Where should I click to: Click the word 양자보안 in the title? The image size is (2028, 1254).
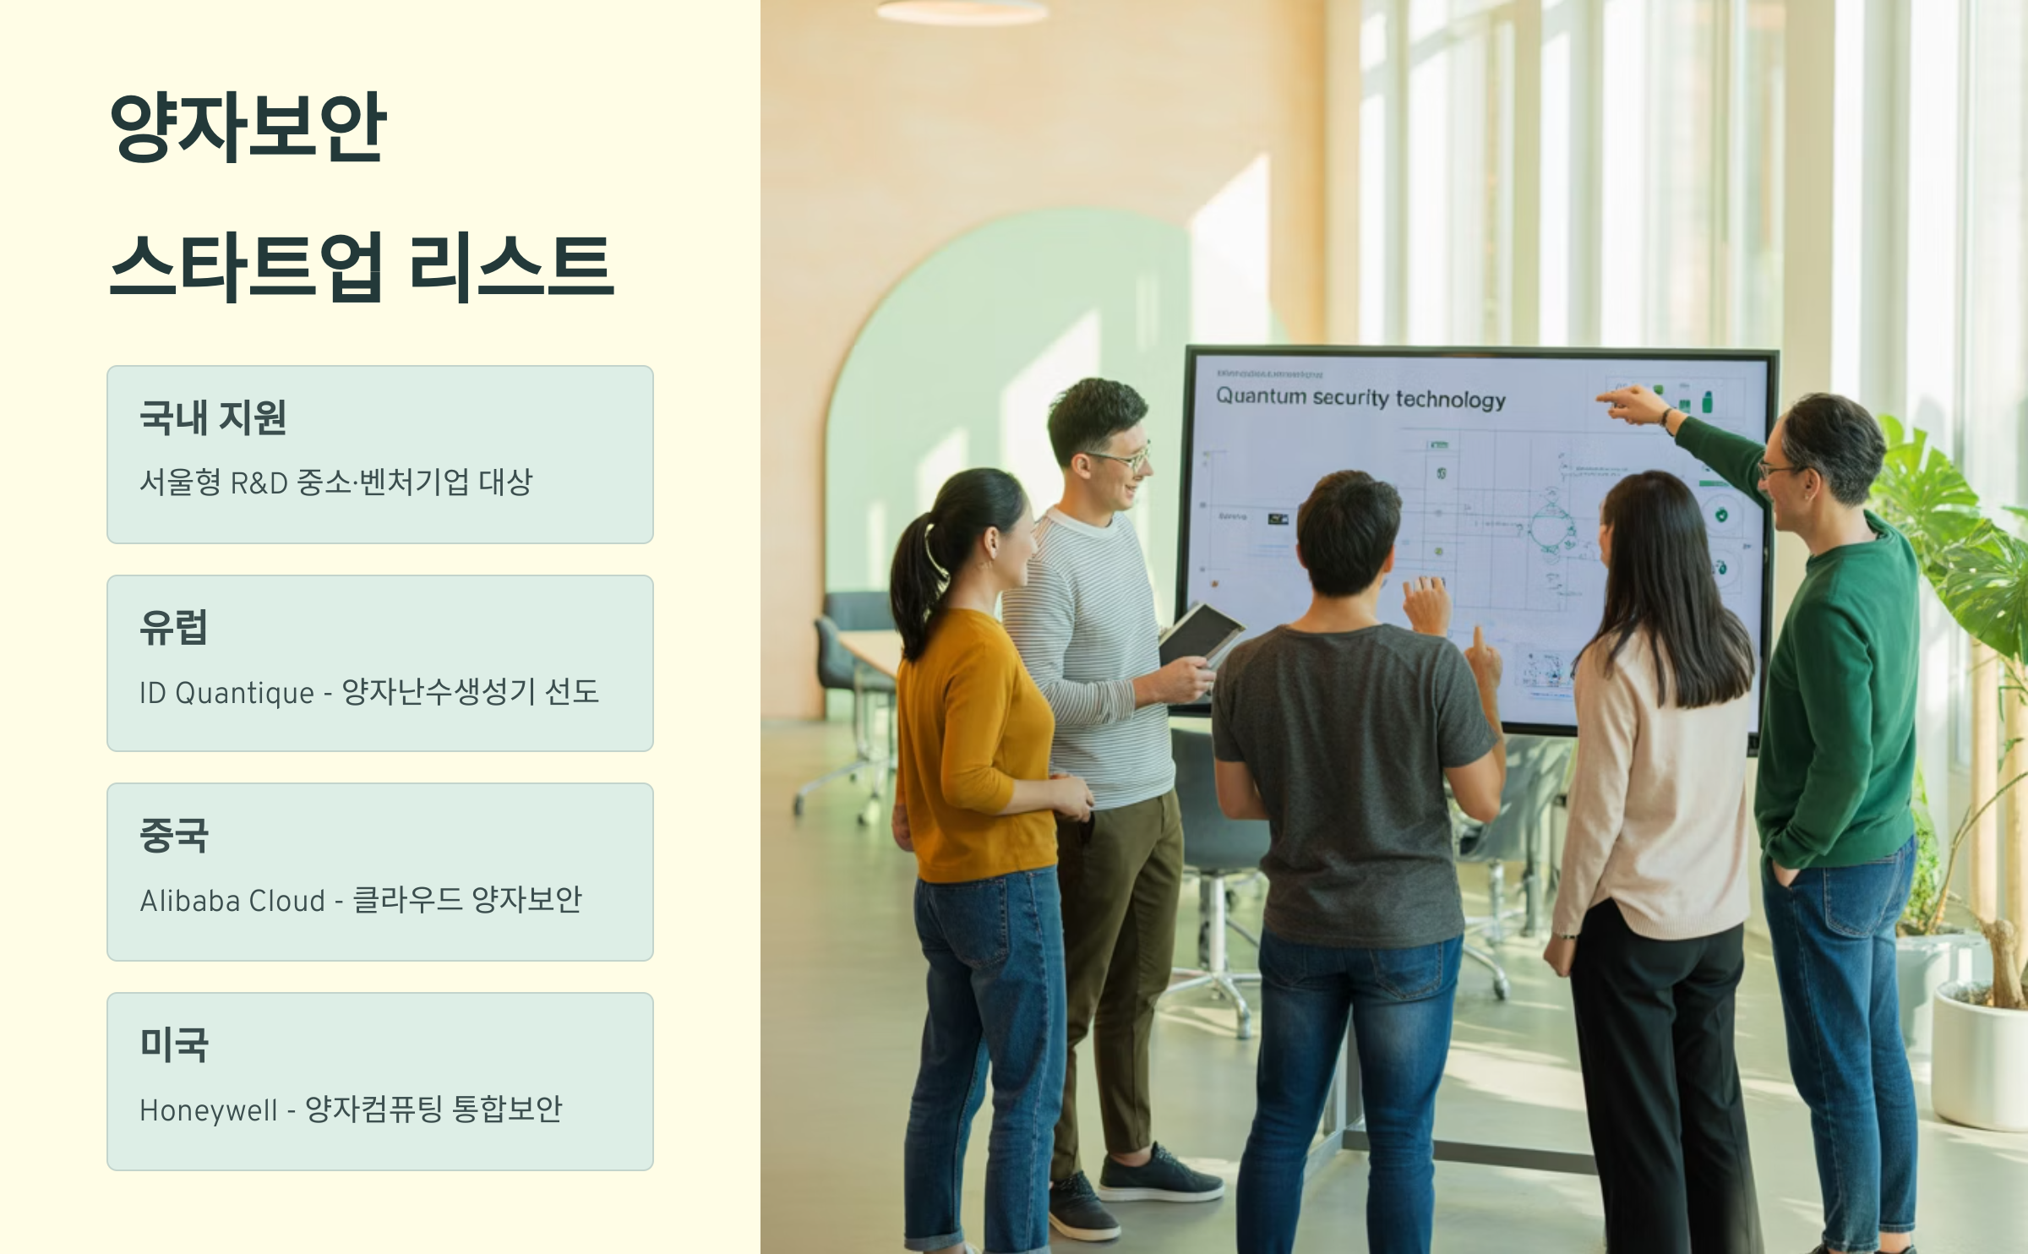click(x=248, y=127)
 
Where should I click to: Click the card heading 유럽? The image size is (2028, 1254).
click(x=173, y=627)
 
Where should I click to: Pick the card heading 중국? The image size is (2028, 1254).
click(x=173, y=835)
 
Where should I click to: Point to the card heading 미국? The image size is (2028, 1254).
click(x=173, y=1044)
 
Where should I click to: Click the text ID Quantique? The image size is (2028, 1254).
click(x=226, y=693)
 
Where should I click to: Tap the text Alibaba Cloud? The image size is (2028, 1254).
click(x=232, y=901)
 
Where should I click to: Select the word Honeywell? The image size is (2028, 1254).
click(x=208, y=1110)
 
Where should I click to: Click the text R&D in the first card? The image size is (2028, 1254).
click(x=259, y=483)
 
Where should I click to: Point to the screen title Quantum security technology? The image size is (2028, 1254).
click(x=1360, y=398)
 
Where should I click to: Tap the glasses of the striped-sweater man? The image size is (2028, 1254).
click(x=1120, y=460)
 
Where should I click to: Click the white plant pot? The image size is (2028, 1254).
click(x=1979, y=1056)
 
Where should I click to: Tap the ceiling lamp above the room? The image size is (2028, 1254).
click(x=962, y=11)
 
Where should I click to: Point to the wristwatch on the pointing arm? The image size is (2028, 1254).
click(x=1667, y=417)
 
